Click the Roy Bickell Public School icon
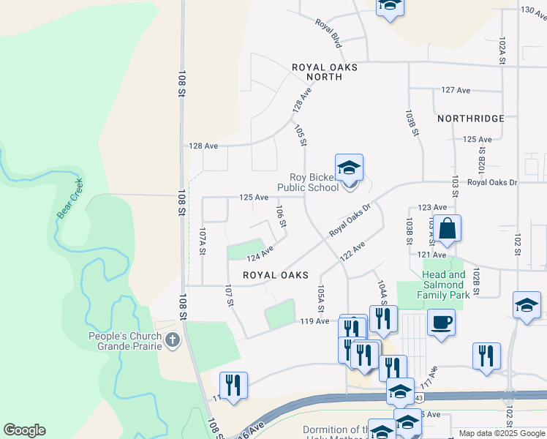pos(349,168)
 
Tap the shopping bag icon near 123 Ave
pos(447,228)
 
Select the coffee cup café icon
pos(441,323)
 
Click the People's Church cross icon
pos(173,339)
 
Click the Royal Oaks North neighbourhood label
pos(324,72)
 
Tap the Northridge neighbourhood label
pos(471,119)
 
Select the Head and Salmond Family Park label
pos(442,285)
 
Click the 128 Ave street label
pos(204,146)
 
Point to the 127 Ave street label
pos(456,90)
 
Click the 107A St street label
pos(203,241)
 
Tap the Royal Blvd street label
pos(328,33)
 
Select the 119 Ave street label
pos(315,321)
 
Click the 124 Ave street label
pos(260,254)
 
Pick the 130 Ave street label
pos(533,10)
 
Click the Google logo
pos(24,430)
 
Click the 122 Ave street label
pos(352,250)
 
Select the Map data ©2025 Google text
pos(501,433)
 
